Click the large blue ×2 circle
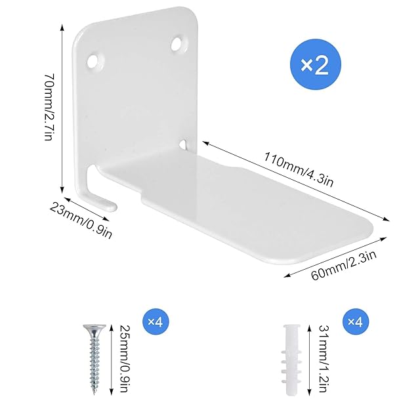click(x=315, y=64)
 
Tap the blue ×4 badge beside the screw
click(x=156, y=322)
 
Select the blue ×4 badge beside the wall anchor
click(x=356, y=322)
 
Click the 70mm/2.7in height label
click(x=49, y=107)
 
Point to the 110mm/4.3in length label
click(x=299, y=169)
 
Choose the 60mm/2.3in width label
click(x=344, y=265)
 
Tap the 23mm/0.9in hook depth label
click(x=81, y=220)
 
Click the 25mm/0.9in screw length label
click(x=125, y=359)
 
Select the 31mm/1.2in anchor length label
click(x=324, y=359)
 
